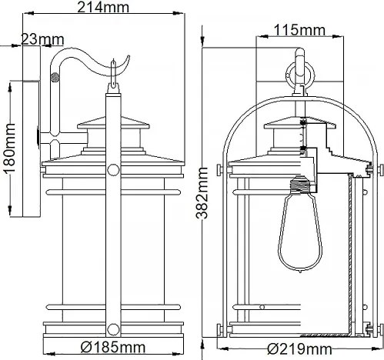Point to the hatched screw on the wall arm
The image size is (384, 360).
(x=54, y=77)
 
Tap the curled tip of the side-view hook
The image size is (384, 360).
(x=117, y=62)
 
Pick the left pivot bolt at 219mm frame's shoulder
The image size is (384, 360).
(x=222, y=168)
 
